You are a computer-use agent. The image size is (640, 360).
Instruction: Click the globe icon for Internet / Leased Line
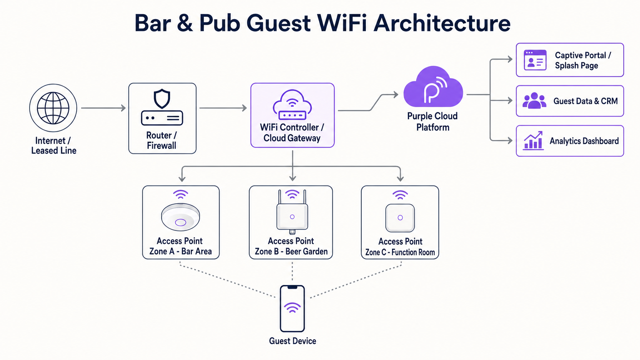[x=53, y=108]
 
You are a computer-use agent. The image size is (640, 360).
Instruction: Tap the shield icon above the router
[x=162, y=99]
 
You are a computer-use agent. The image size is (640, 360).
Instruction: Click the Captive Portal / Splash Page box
[x=570, y=60]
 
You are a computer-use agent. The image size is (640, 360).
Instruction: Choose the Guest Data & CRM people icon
[x=534, y=101]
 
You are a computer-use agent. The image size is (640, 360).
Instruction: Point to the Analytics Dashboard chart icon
[x=533, y=141]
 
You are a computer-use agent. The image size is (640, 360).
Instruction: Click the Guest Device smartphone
[x=292, y=309]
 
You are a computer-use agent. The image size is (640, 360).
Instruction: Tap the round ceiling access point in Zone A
[x=180, y=217]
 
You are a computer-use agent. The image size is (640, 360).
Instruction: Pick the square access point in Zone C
[x=400, y=217]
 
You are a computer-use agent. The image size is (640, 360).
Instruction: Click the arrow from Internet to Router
[x=103, y=108]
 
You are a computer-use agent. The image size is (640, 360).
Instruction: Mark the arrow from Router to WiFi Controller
[x=223, y=108]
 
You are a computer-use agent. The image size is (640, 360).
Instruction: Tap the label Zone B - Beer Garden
[x=291, y=252]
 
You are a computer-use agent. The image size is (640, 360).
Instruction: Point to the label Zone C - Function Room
[x=400, y=252]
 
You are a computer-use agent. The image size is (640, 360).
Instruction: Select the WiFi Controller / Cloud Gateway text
[x=292, y=132]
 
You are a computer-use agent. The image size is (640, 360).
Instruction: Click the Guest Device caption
[x=292, y=341]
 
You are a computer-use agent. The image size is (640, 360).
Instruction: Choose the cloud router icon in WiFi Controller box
[x=292, y=105]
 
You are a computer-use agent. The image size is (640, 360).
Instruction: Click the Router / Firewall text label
[x=162, y=140]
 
